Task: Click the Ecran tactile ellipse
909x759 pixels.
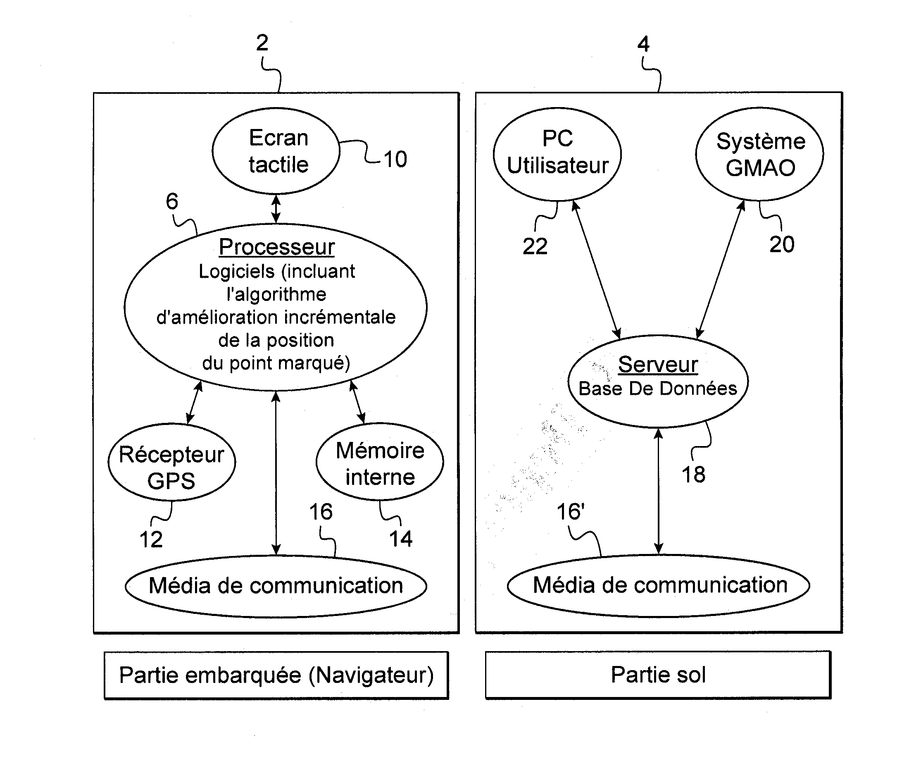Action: [276, 150]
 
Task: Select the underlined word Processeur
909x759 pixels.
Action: [276, 247]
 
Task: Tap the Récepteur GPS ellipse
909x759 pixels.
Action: [171, 463]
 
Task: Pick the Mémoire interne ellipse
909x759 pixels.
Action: [380, 463]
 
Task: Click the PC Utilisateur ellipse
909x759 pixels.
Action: [557, 154]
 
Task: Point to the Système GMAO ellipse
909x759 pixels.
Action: [760, 154]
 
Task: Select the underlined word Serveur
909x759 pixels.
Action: [657, 365]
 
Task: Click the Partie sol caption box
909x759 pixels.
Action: [658, 675]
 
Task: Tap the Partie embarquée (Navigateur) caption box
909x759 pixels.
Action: [276, 675]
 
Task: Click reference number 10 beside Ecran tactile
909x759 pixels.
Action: [395, 159]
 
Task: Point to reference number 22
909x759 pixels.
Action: [535, 247]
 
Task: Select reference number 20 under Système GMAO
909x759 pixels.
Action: [782, 245]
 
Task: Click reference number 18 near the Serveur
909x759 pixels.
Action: [693, 475]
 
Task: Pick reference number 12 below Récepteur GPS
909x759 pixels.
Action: [151, 539]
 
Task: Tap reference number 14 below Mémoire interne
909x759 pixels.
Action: [401, 539]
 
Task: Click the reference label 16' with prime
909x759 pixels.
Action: [571, 512]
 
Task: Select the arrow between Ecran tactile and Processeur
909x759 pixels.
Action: [276, 209]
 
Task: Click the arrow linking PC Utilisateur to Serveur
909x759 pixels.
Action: [597, 269]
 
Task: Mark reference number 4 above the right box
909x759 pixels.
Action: [644, 44]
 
